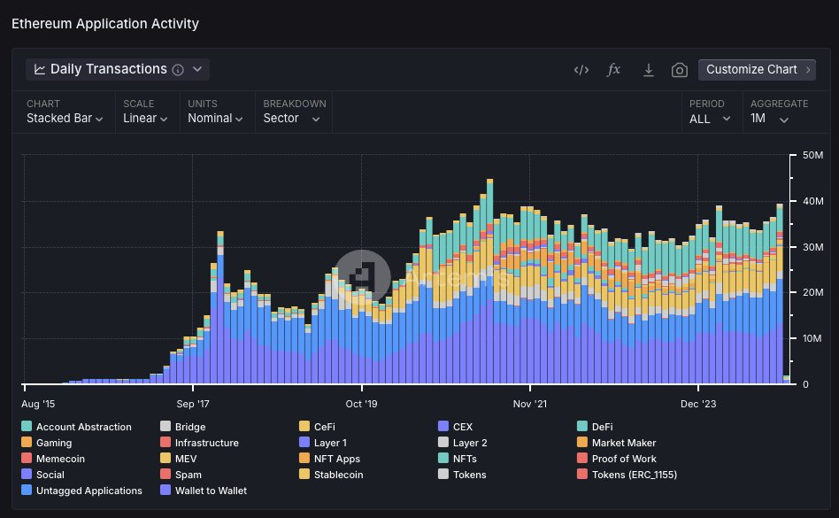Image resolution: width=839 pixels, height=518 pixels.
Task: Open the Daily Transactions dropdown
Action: [x=118, y=69]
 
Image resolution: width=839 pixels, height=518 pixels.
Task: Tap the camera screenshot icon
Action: [x=679, y=70]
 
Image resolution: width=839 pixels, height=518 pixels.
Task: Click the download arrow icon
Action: [x=648, y=70]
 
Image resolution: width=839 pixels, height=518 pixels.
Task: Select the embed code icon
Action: [x=581, y=70]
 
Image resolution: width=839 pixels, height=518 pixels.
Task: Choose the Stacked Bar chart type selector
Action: [x=65, y=119]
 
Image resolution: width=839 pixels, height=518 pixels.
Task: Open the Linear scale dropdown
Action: [x=144, y=119]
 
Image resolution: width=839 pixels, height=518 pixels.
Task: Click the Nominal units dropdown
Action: [x=215, y=119]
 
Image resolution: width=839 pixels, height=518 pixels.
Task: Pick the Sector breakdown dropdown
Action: [x=291, y=119]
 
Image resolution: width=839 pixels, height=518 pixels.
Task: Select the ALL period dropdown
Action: [x=710, y=119]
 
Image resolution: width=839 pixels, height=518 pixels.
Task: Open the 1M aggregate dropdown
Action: [x=769, y=119]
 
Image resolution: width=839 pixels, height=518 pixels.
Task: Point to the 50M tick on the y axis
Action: [x=812, y=156]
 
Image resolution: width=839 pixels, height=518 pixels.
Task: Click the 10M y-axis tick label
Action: [x=812, y=338]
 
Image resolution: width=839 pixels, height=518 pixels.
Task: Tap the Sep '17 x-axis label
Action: [x=194, y=403]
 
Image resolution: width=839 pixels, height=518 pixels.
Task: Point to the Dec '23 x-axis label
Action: [x=698, y=403]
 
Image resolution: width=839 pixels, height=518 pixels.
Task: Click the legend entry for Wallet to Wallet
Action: [x=211, y=491]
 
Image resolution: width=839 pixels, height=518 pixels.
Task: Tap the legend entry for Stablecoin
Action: [x=338, y=475]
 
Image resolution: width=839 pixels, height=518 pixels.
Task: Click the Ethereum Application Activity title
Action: [x=105, y=24]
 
